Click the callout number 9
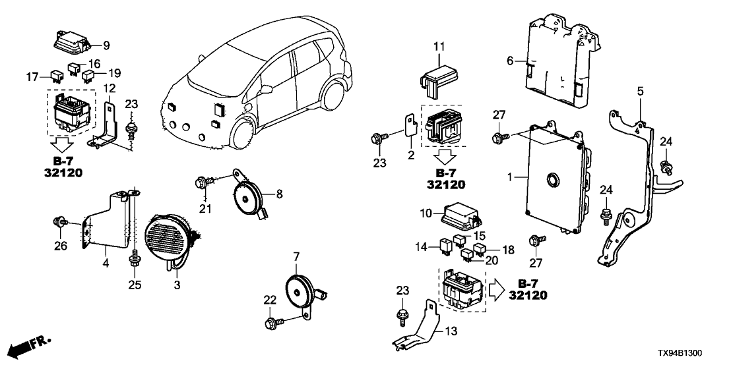(x=107, y=45)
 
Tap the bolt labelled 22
(x=270, y=323)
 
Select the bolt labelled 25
(x=135, y=261)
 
